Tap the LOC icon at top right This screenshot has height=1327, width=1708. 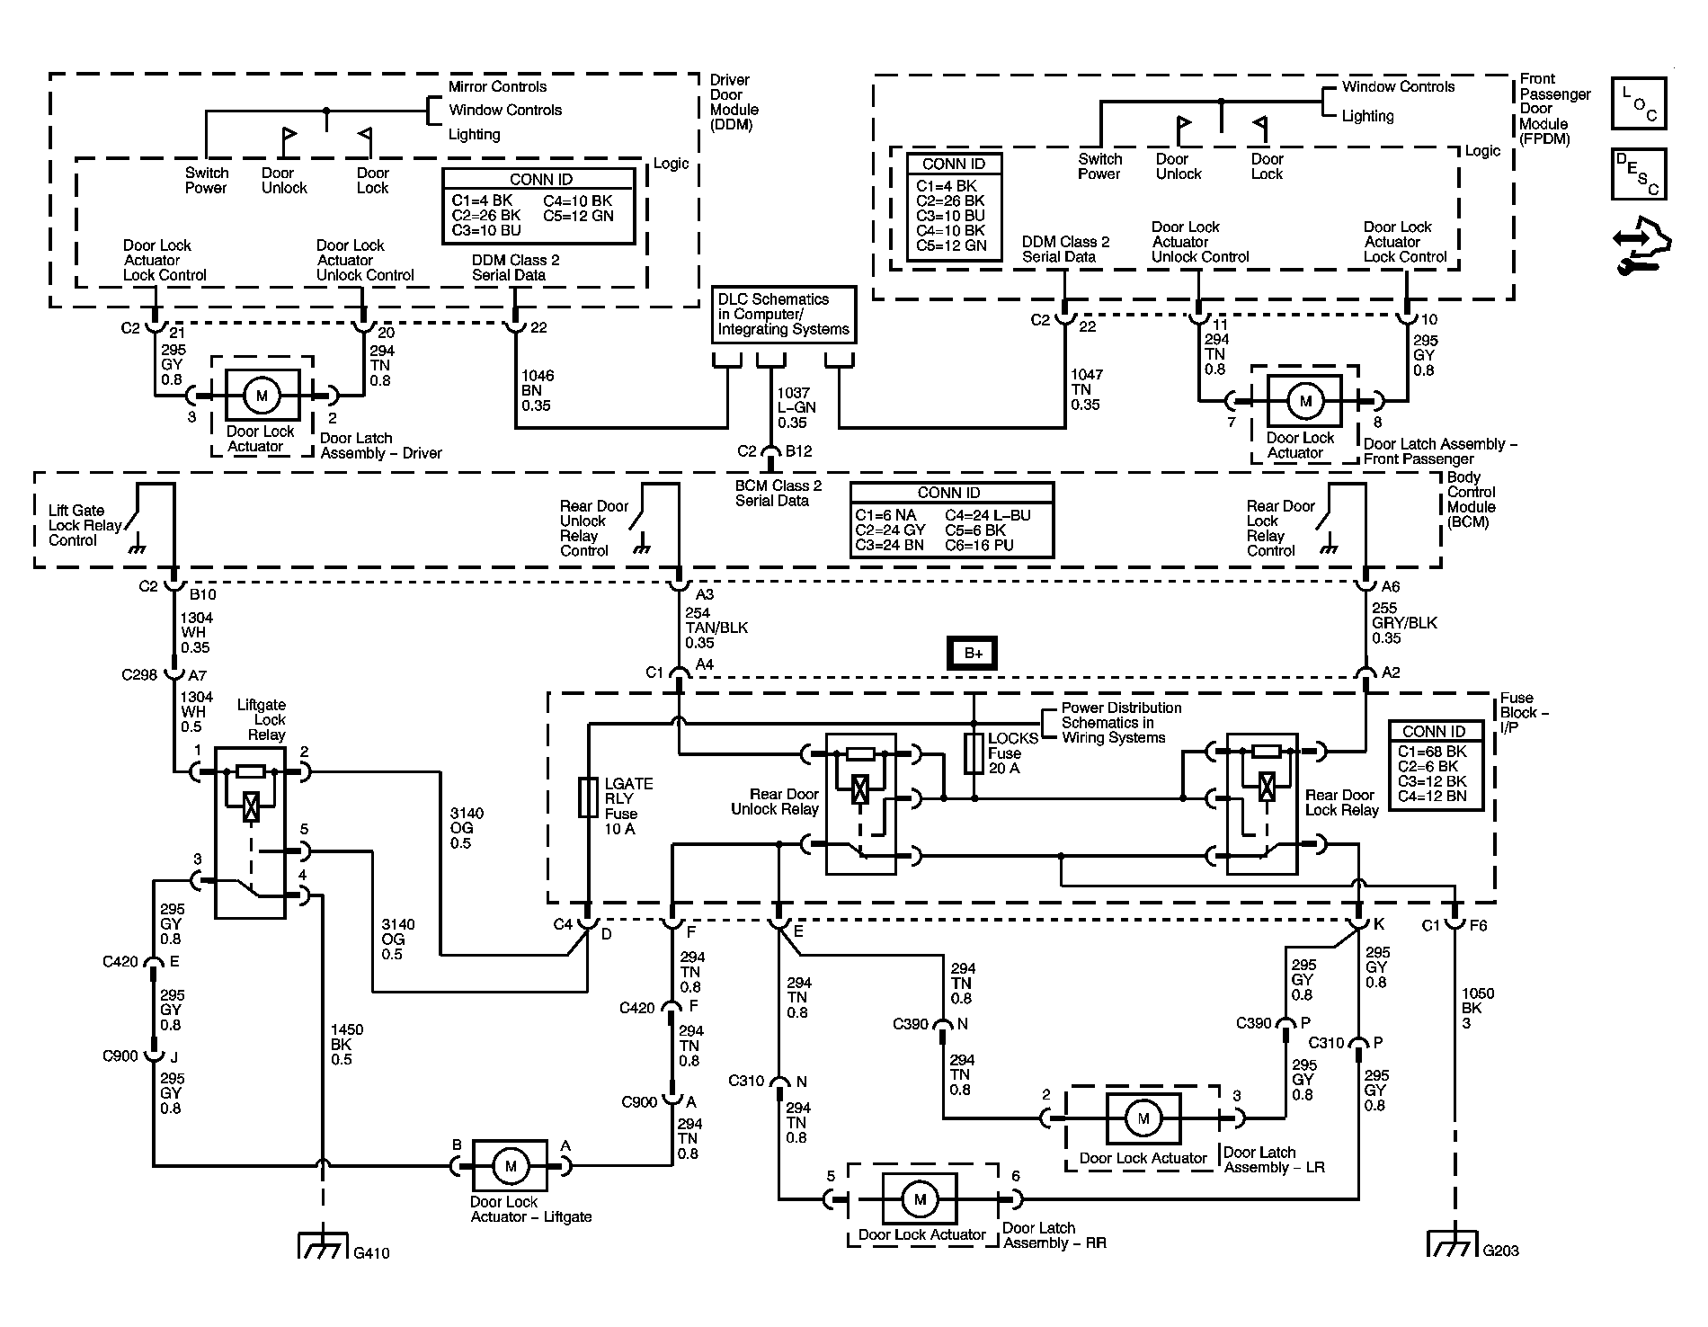tap(1639, 103)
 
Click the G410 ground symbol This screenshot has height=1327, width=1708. tap(322, 1245)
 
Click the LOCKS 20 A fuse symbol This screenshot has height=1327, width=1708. tap(974, 753)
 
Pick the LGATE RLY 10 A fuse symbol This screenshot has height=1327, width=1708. tap(588, 797)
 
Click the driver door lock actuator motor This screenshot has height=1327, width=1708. tap(262, 396)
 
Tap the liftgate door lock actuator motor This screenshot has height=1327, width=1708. tap(511, 1166)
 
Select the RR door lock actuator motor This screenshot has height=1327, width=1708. tap(920, 1199)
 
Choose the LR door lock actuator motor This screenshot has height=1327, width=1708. tap(1143, 1118)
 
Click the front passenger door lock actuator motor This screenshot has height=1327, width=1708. tap(1305, 402)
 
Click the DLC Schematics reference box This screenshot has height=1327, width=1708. tap(784, 315)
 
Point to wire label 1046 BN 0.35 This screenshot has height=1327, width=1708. tap(538, 391)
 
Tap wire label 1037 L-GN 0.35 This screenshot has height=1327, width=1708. tap(796, 408)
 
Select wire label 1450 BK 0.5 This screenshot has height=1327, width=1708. tap(347, 1045)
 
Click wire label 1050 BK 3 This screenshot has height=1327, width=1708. tap(1478, 1009)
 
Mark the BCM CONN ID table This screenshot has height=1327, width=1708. tap(951, 521)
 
